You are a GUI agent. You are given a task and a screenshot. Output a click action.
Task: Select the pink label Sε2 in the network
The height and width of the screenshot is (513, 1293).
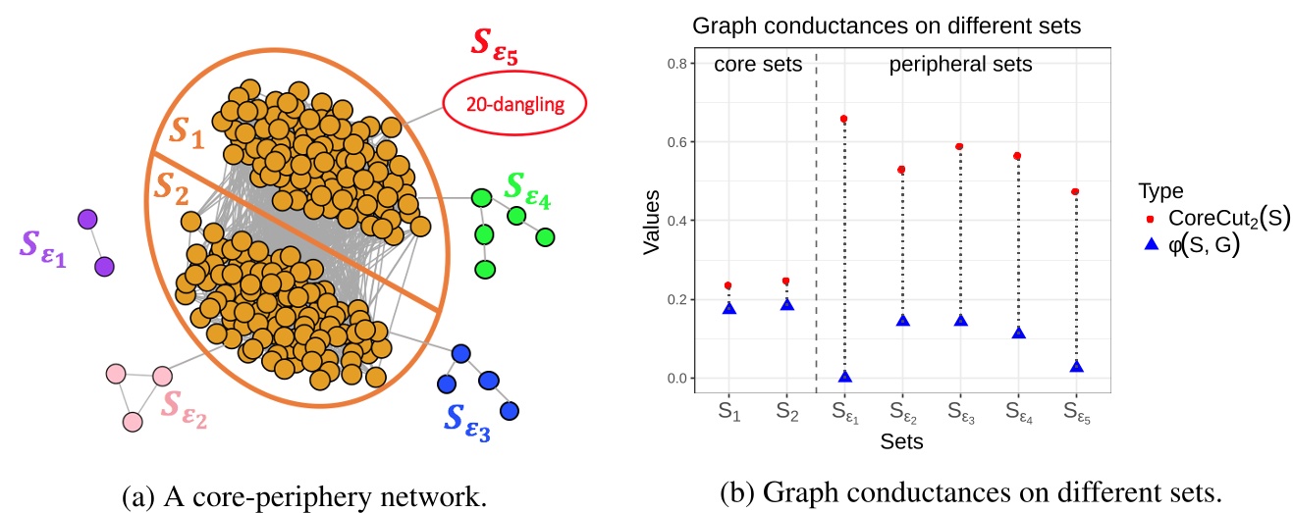coord(186,405)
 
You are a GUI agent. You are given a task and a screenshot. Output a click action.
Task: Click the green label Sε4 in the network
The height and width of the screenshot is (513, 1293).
coord(528,188)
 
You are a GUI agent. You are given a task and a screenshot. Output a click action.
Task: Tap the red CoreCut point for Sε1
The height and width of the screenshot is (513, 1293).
coord(844,119)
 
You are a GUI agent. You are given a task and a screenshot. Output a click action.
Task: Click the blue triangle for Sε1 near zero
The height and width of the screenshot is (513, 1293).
coord(844,377)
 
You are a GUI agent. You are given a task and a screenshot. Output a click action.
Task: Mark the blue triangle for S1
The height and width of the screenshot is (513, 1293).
coord(728,308)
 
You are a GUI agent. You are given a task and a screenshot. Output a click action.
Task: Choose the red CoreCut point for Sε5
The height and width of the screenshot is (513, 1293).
coord(1076,191)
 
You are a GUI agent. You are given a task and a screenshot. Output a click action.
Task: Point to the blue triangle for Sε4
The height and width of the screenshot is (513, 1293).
coord(1018,333)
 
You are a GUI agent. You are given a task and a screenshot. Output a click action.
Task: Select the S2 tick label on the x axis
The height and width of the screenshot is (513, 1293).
coord(786,413)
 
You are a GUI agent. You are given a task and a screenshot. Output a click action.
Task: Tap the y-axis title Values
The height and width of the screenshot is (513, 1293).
coord(653,221)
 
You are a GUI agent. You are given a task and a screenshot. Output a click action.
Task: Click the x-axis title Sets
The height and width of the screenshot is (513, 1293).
coord(901,442)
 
